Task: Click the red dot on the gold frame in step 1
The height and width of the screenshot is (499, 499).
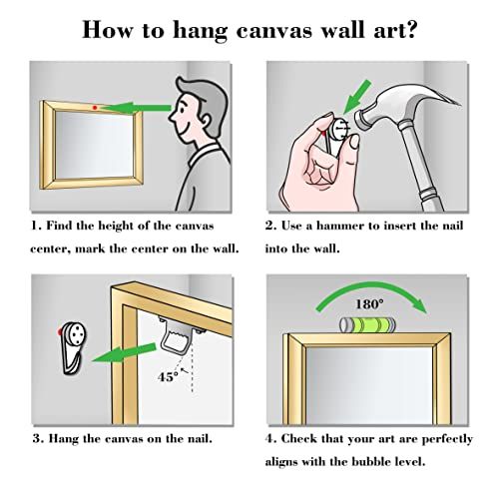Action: (x=93, y=105)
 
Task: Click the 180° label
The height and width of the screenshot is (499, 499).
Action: (x=370, y=299)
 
